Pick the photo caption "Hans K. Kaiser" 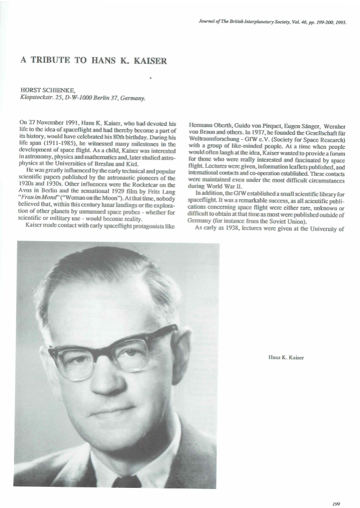[286, 356]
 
